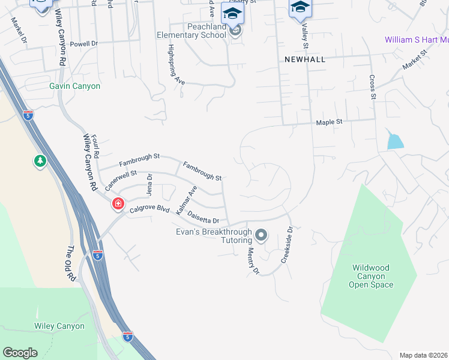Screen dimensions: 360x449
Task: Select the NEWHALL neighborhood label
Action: tap(305, 59)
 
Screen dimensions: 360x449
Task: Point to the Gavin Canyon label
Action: tap(74, 86)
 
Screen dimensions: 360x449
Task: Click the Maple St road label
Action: tap(330, 122)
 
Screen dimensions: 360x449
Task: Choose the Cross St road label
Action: tap(373, 86)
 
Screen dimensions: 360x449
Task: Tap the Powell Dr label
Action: tap(83, 44)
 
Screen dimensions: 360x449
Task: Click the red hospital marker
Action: tap(118, 204)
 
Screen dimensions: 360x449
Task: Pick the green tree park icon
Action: tap(40, 161)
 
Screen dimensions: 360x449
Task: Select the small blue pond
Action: tap(395, 140)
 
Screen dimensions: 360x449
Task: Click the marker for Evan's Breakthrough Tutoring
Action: tap(261, 234)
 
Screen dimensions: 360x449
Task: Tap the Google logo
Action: tap(20, 353)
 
